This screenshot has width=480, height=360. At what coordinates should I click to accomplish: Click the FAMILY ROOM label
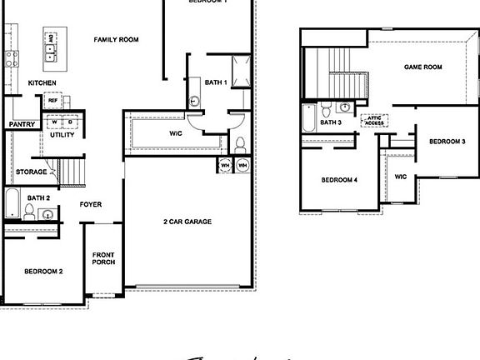point(116,40)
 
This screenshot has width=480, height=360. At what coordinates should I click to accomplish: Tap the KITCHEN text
point(42,82)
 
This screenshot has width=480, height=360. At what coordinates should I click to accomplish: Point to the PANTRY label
point(21,124)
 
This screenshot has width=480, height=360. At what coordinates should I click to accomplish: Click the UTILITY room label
point(62,134)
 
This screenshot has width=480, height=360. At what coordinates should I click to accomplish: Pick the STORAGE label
point(32,172)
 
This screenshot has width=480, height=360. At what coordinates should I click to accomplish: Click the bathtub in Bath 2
point(12,202)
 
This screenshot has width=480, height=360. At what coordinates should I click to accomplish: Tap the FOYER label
point(91,204)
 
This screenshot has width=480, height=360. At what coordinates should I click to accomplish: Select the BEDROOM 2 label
point(43,271)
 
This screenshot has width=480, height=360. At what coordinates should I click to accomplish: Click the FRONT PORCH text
point(103,258)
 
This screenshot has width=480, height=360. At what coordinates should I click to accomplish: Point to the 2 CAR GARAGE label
point(187,222)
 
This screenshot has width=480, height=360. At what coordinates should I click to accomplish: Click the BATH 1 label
point(216,82)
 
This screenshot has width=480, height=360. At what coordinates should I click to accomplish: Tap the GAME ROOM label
point(422,67)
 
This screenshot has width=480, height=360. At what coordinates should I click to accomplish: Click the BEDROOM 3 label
point(447,142)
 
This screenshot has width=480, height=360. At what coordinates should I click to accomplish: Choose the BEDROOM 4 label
point(340,179)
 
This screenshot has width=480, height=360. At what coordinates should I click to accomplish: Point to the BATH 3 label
point(331,123)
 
